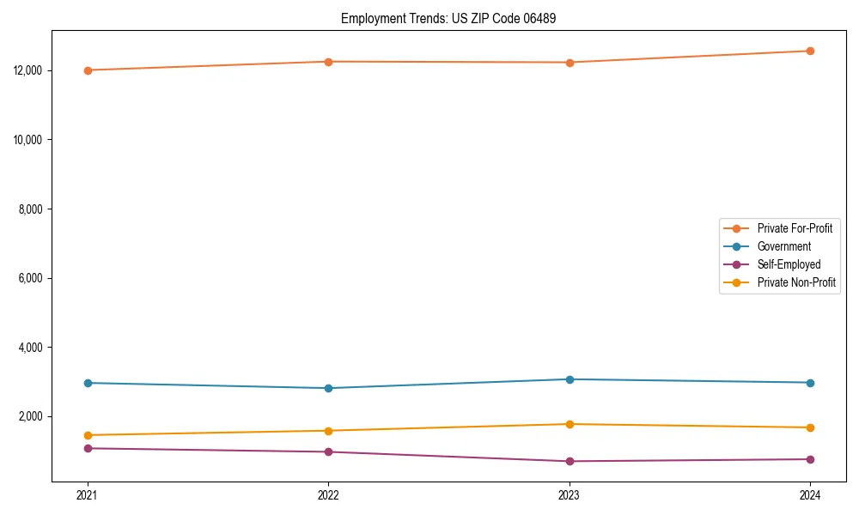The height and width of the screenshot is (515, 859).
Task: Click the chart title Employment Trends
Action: click(448, 18)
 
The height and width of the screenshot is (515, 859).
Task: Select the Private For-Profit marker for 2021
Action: click(88, 70)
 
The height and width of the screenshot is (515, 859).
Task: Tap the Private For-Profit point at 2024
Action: click(810, 51)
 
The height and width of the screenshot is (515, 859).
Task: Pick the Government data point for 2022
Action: click(328, 388)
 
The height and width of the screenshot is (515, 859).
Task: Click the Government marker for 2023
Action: click(570, 379)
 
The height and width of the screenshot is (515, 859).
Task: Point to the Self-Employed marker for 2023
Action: click(570, 462)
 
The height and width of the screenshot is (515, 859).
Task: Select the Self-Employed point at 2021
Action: click(88, 448)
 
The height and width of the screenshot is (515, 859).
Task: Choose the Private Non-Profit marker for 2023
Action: click(570, 424)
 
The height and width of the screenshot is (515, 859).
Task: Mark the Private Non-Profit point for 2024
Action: click(810, 427)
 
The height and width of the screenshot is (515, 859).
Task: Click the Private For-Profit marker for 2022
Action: click(328, 62)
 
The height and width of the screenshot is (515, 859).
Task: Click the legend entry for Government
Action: click(783, 246)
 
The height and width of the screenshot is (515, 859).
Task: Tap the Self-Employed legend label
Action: click(789, 264)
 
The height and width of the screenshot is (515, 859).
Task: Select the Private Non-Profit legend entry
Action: click(796, 282)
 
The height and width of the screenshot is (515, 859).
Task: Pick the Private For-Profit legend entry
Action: click(795, 228)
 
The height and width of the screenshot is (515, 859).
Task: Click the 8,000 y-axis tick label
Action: click(34, 209)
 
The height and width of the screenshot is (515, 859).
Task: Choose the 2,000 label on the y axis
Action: click(34, 416)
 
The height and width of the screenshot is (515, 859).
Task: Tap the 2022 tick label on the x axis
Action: click(328, 494)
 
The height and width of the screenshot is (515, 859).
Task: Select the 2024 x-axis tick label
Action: click(810, 494)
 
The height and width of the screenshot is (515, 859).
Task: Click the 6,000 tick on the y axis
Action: click(34, 278)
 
